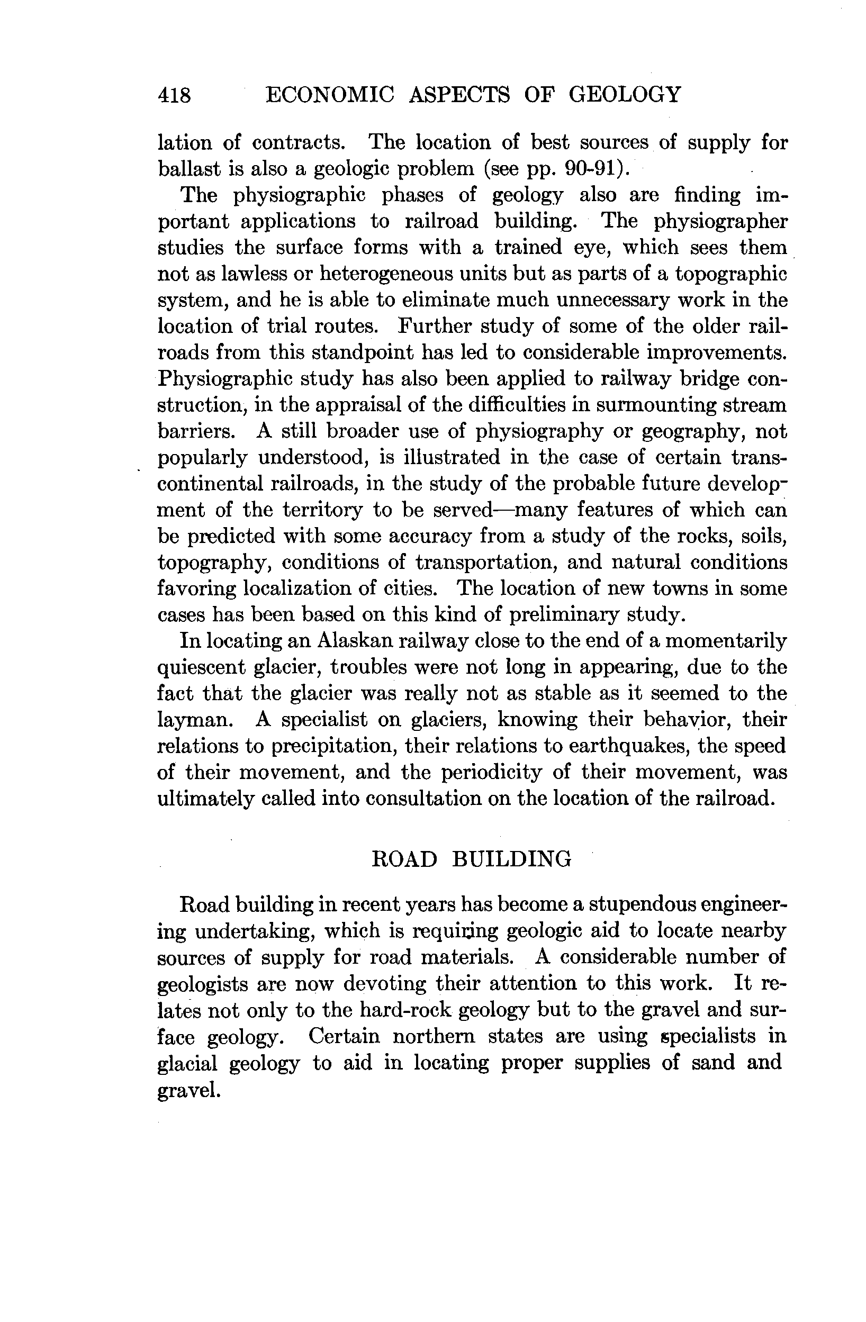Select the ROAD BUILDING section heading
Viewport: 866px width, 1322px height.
471,859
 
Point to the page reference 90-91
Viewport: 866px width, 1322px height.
592,168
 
